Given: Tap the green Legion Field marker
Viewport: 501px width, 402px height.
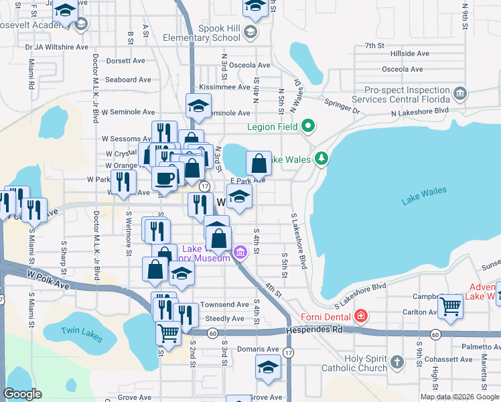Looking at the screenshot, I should (308, 125).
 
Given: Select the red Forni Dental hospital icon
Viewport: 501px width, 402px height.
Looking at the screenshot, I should (361, 315).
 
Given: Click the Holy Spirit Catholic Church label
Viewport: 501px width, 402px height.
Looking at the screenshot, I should (366, 363).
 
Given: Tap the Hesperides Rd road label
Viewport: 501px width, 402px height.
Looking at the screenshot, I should (313, 330).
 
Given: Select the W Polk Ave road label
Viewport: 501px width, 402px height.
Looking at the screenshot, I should (49, 276).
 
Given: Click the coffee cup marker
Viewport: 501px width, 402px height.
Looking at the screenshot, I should (164, 179).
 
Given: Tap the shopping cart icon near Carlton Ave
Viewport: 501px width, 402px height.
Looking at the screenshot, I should (451, 307).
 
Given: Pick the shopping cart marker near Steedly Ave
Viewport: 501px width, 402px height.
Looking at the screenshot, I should (168, 332).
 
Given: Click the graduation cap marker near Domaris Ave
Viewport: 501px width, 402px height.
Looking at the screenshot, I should (268, 367).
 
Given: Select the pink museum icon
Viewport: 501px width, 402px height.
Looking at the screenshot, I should (240, 253).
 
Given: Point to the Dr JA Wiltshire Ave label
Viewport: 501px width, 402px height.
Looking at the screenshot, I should (57, 47).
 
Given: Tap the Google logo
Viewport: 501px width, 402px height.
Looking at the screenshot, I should (22, 394).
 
